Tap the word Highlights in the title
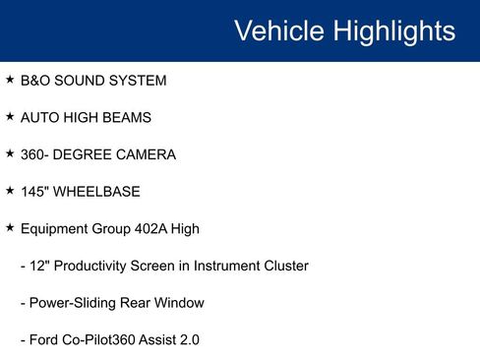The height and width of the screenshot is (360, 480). [392, 30]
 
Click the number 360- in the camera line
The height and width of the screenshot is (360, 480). [36, 155]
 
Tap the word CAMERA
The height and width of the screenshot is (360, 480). [148, 155]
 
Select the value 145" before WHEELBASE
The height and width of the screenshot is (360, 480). [34, 192]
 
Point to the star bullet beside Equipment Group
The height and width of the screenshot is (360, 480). [10, 228]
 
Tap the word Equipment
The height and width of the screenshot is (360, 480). [57, 229]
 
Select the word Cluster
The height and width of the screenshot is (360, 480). [282, 267]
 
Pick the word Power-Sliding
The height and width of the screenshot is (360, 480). [72, 303]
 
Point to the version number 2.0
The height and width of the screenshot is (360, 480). [188, 340]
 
